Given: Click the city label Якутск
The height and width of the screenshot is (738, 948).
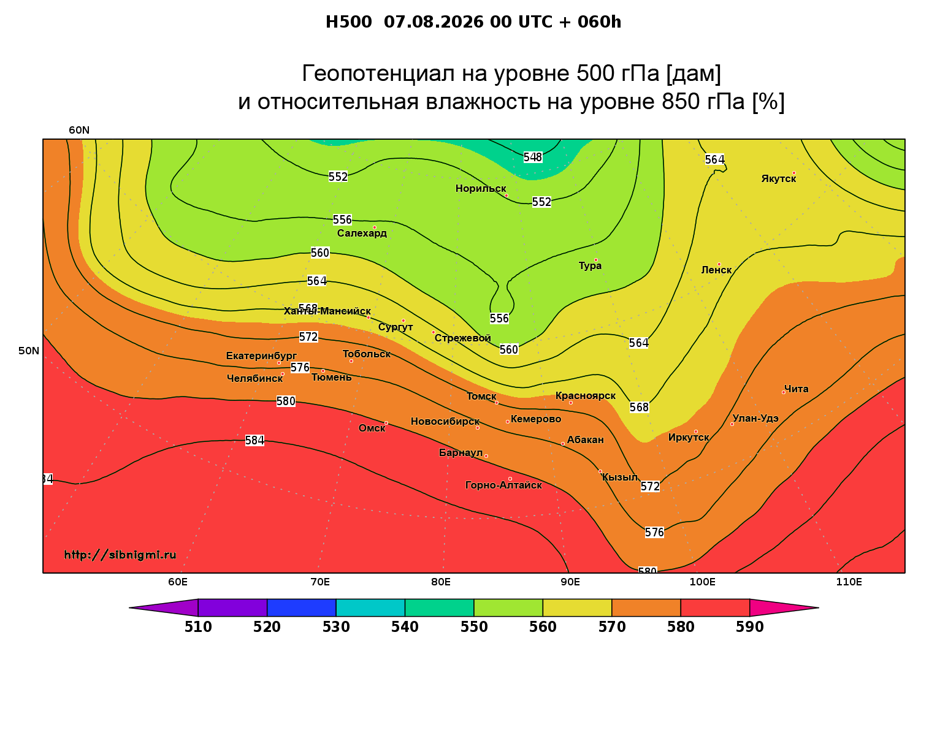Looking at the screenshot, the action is point(778,179).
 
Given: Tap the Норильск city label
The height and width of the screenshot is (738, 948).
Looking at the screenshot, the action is point(481,188).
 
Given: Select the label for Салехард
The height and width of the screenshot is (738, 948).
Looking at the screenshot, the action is point(362,233).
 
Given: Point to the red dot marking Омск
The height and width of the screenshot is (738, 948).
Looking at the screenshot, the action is point(386,423).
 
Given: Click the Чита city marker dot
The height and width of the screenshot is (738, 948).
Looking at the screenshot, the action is point(784,392).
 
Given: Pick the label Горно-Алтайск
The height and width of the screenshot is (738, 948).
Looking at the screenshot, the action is point(503,485).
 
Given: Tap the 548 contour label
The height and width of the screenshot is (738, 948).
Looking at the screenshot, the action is point(533,157).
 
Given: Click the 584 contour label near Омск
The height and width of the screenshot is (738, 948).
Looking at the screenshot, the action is point(254,440).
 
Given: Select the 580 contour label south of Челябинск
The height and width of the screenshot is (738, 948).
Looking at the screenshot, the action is point(286,401).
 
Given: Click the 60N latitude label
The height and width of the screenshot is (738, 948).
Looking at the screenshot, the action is point(79,130).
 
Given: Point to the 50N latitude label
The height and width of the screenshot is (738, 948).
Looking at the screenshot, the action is point(28,351).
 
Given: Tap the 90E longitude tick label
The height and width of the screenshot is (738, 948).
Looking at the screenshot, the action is point(570,582).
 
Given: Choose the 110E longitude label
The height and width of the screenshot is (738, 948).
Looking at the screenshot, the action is point(849,582).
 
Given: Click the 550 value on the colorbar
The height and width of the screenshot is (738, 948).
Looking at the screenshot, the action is point(474,627).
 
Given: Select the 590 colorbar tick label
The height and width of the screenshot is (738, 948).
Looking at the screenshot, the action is point(749,627).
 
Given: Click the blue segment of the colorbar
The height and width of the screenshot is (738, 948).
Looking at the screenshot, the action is point(302,607).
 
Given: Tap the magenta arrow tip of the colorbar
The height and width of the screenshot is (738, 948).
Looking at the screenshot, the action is point(819,607).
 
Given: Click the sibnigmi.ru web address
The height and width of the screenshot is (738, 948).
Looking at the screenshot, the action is point(120,555).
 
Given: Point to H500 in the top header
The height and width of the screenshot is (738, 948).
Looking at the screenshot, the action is point(348,22).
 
